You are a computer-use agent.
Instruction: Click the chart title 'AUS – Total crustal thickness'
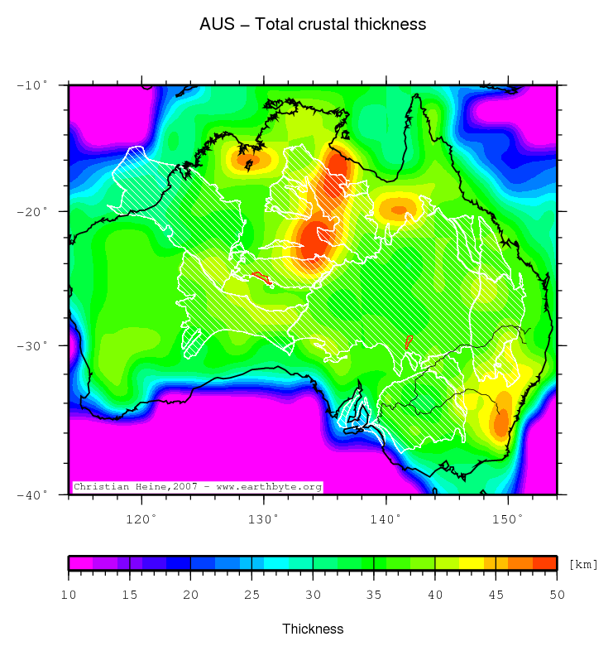(x=313, y=24)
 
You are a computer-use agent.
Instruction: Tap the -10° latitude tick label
(x=33, y=85)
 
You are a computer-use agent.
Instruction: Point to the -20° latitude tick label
(x=33, y=211)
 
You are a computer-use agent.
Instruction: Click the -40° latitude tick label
(x=33, y=494)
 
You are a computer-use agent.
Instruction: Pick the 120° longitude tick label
(x=141, y=518)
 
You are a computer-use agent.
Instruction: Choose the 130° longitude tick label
(x=264, y=518)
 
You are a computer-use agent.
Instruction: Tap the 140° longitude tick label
(x=386, y=518)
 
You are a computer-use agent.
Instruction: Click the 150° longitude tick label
(x=508, y=518)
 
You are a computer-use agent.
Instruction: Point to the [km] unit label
(x=583, y=564)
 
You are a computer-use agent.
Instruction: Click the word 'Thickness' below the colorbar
(x=313, y=629)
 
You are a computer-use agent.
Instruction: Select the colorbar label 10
(x=69, y=594)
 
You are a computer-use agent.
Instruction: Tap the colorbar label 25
(x=251, y=594)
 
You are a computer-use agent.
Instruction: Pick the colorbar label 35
(x=374, y=594)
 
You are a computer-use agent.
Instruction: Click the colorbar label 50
(x=557, y=594)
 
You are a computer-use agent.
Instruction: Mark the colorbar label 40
(x=435, y=594)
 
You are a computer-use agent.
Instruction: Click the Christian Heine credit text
(x=197, y=487)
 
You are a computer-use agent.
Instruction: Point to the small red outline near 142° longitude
(x=408, y=341)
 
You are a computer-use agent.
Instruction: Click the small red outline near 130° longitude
(x=261, y=277)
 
